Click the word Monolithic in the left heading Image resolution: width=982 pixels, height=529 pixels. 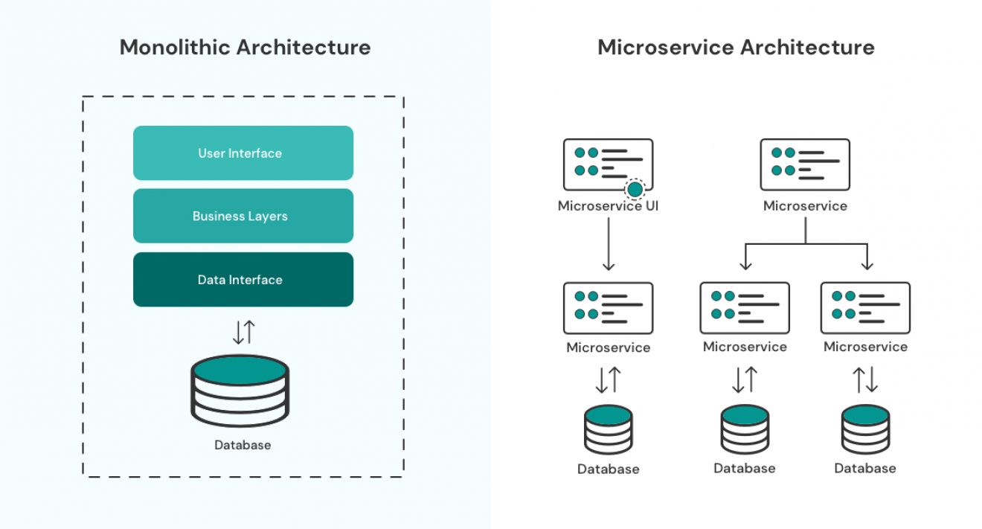pyautogui.click(x=174, y=48)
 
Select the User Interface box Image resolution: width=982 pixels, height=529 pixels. pyautogui.click(x=243, y=153)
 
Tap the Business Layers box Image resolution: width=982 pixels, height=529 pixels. pyautogui.click(x=243, y=217)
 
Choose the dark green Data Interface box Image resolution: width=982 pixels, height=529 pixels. pyautogui.click(x=243, y=280)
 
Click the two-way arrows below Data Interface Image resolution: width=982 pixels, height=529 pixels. pyautogui.click(x=243, y=332)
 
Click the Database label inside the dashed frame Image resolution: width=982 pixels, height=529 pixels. pyautogui.click(x=243, y=445)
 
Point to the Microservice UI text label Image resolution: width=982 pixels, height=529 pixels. pyautogui.click(x=608, y=206)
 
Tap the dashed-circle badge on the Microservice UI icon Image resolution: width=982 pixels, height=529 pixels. pyautogui.click(x=635, y=190)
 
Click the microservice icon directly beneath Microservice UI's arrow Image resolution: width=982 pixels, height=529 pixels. pyautogui.click(x=608, y=308)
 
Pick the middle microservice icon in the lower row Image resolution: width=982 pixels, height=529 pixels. pyautogui.click(x=744, y=308)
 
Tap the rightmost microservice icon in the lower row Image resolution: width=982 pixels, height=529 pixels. pyautogui.click(x=865, y=308)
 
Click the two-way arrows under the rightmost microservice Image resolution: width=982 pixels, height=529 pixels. pyautogui.click(x=865, y=379)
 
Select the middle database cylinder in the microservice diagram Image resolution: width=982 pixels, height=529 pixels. pyautogui.click(x=744, y=429)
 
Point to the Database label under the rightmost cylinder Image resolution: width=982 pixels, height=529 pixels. pyautogui.click(x=865, y=469)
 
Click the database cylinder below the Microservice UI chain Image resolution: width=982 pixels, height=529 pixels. pyautogui.click(x=608, y=429)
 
